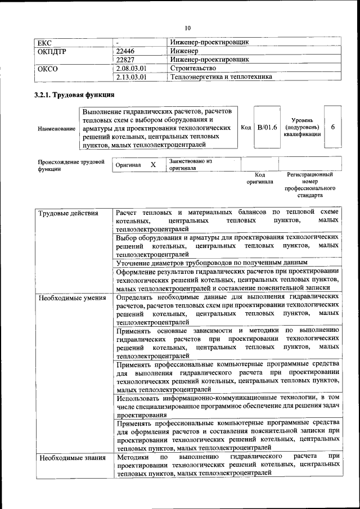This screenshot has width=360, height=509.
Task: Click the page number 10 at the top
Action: click(188, 28)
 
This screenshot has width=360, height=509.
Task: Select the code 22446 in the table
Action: click(125, 51)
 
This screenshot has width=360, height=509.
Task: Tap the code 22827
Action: click(125, 59)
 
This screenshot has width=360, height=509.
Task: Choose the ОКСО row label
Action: click(47, 69)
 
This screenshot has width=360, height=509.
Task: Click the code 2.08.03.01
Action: click(131, 68)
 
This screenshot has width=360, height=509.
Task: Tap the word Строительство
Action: click(193, 68)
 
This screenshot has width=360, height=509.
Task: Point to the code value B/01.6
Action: click(267, 128)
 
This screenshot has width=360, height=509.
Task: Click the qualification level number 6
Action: click(332, 127)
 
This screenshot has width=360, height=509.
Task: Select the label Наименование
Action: click(56, 129)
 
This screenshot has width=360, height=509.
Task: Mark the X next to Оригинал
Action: click(153, 165)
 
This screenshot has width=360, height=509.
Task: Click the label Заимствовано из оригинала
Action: click(190, 164)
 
